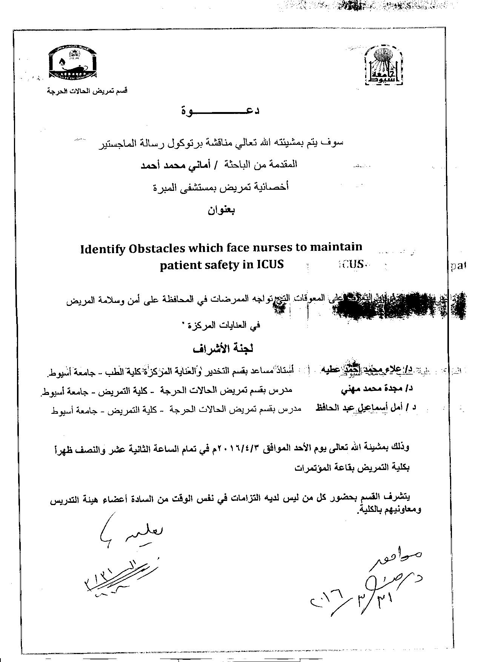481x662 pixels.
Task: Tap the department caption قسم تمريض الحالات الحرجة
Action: click(87, 91)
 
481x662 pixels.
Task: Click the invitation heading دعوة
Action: click(220, 111)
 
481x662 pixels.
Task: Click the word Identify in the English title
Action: click(103, 249)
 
